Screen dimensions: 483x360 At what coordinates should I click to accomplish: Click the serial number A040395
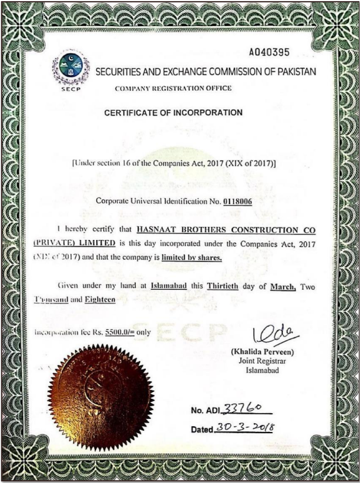269,52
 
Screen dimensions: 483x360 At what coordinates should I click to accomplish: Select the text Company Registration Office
173,88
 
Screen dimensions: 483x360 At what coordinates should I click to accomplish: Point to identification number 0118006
238,201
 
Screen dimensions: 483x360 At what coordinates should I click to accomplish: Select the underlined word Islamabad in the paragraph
169,286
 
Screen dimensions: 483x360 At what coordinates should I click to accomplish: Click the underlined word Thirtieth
222,286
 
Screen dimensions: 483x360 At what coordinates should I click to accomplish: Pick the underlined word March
283,286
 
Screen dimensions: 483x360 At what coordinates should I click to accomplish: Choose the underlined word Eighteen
99,300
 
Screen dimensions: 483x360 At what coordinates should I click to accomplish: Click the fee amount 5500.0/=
119,332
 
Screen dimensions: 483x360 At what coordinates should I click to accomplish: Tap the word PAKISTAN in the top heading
295,72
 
